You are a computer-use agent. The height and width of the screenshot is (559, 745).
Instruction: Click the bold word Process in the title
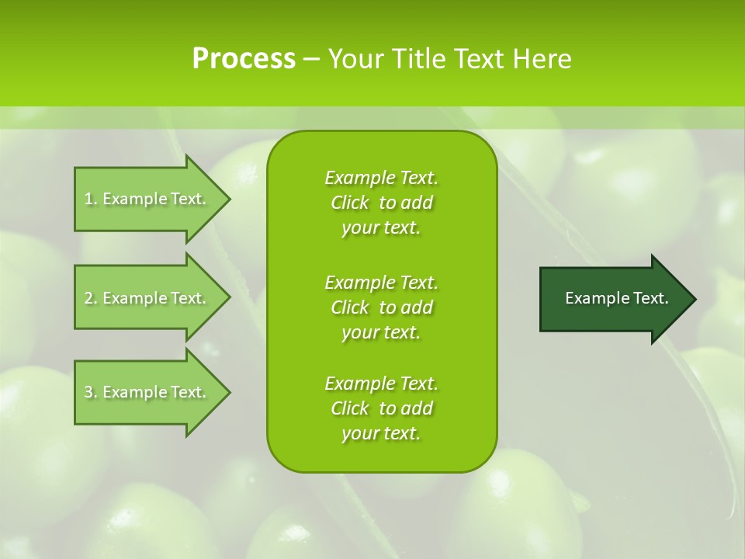coord(244,59)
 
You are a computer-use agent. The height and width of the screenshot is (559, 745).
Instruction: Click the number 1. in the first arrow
coord(90,199)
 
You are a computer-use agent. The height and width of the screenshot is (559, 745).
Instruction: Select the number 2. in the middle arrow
coord(90,298)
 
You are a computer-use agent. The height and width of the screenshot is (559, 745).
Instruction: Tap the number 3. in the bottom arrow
coord(90,392)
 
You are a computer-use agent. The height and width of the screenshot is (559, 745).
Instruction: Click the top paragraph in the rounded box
coord(381,203)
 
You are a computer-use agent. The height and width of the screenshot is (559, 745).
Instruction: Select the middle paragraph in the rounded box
coord(381,307)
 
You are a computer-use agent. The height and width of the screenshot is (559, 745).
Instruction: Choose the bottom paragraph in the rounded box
coord(381,408)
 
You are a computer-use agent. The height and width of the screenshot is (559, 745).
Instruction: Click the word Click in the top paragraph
coord(349,203)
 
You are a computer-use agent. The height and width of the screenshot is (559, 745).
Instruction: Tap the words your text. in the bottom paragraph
coord(381,433)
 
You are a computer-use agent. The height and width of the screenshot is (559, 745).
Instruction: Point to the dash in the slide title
coord(311,59)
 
